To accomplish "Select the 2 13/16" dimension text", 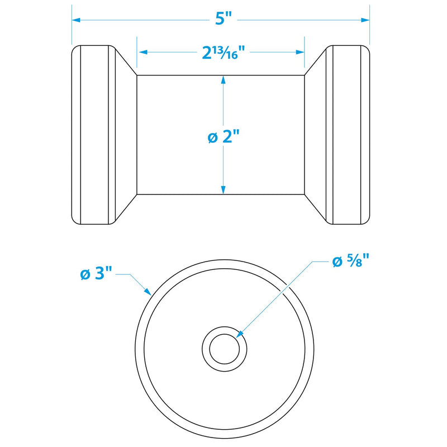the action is pos(223,53).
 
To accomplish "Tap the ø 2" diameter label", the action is pos(223,136).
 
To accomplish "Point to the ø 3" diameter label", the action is pos(96,274).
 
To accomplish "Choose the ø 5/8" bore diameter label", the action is pos(351,261).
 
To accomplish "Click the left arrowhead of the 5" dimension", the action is pos(76,20).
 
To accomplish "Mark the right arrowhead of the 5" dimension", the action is pos(365,20).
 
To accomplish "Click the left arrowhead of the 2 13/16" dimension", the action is pos(143,52).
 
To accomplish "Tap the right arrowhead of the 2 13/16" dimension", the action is pos(300,52).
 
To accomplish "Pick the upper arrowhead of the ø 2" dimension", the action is pos(223,80).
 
